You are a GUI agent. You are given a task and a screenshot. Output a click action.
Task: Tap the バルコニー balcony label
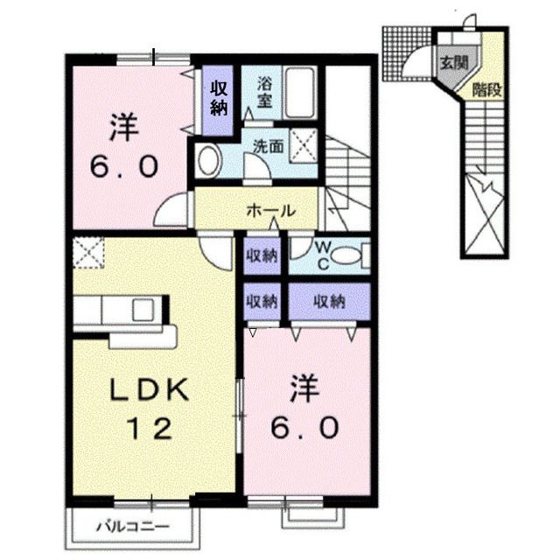pyautogui.click(x=131, y=528)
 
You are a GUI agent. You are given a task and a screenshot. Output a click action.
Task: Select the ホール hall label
pyautogui.click(x=270, y=211)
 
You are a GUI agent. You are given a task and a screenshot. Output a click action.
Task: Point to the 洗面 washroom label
pyautogui.click(x=268, y=147)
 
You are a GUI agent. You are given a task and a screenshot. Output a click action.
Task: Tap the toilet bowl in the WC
pyautogui.click(x=347, y=256)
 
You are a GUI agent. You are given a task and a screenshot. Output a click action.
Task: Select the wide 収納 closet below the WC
pyautogui.click(x=329, y=302)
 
